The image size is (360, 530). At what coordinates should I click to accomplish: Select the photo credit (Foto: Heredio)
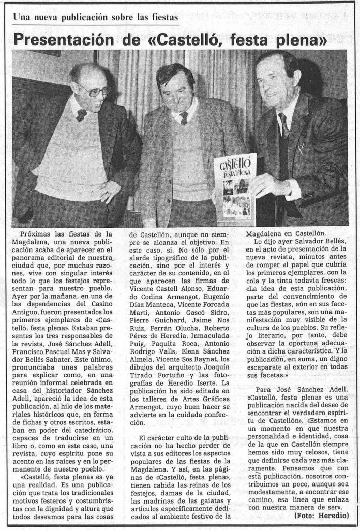point(321,516)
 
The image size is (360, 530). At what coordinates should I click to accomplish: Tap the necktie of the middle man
point(184,118)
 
